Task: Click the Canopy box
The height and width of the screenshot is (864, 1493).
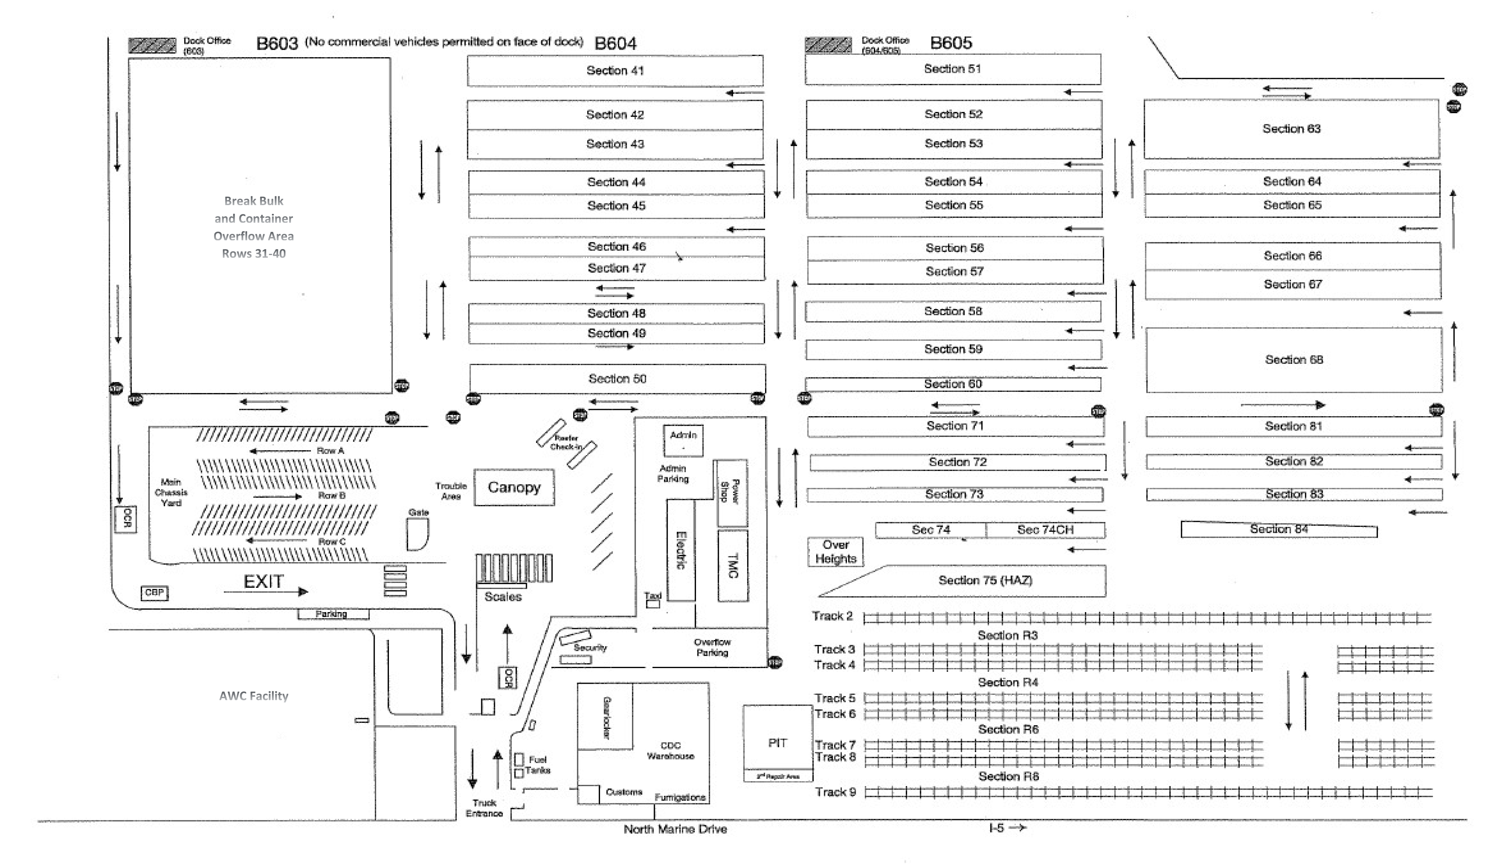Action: coord(514,487)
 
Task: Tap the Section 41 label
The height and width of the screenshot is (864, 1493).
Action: coord(614,70)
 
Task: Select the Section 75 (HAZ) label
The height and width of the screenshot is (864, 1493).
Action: coord(985,580)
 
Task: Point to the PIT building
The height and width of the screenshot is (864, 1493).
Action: coord(777,742)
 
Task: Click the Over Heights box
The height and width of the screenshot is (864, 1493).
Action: coord(835,552)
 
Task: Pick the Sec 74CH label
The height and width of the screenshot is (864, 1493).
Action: coord(1045,530)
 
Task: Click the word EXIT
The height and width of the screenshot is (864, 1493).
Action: coord(264,581)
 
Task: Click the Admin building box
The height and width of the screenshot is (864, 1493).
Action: coord(683,440)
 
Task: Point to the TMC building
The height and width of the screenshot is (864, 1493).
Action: coord(733,565)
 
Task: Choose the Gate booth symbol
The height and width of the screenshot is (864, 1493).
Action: coord(417,533)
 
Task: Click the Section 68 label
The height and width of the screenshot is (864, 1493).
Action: coord(1294,360)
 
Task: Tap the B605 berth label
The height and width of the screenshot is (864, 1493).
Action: coord(951,43)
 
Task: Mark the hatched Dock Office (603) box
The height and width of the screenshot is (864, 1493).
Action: coord(152,46)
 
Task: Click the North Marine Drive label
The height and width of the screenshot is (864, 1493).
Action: coord(675,829)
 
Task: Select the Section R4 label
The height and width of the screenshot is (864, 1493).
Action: coord(1008,682)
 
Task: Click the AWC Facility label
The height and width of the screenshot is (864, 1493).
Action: coord(253,696)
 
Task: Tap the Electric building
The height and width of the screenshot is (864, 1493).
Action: coord(681,550)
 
